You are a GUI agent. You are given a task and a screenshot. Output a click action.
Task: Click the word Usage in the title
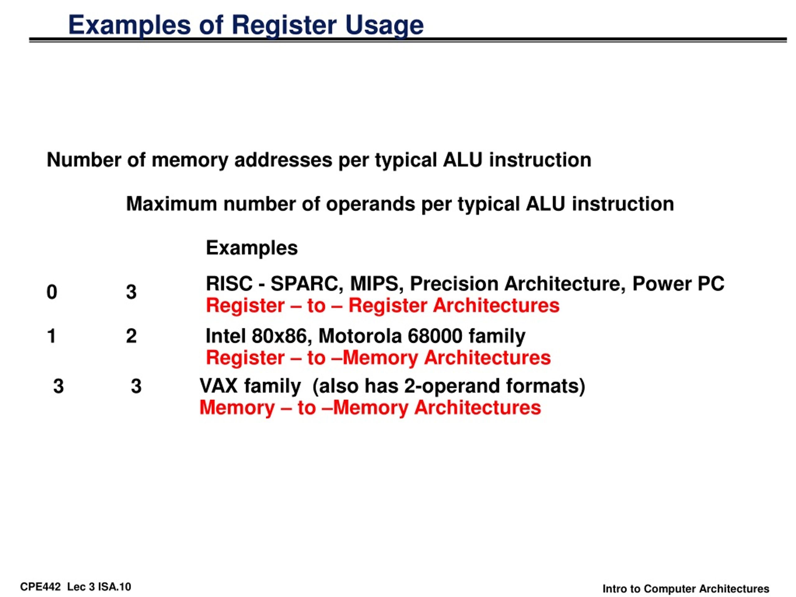(x=384, y=26)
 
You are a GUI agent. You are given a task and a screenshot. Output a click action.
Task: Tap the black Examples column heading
(x=252, y=248)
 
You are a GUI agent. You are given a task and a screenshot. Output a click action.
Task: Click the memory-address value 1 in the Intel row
(x=51, y=336)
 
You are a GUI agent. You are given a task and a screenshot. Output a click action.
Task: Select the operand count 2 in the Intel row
(x=131, y=336)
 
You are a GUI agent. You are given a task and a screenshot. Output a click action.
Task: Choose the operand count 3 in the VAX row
(x=136, y=386)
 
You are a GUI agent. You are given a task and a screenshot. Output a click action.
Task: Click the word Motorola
(x=360, y=336)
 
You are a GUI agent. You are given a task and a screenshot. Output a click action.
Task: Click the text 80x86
(x=279, y=336)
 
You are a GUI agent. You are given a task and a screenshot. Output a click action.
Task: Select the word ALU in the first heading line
(x=463, y=160)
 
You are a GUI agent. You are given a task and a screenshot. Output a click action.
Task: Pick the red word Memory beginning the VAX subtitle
(x=237, y=408)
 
